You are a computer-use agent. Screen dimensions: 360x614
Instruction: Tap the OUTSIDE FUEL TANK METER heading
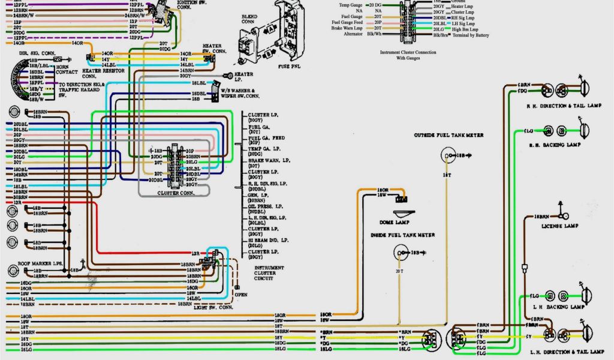pos(448,136)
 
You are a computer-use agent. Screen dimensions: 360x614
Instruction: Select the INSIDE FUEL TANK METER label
pos(402,235)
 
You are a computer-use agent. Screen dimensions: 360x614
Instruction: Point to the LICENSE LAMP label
pos(559,226)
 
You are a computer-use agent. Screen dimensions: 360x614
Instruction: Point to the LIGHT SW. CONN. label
pos(213,307)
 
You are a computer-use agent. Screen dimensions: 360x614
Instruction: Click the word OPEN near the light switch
pos(240,295)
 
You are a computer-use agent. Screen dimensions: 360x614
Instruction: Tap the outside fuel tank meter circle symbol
pos(447,155)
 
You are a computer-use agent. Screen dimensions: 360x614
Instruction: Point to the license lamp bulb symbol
pos(563,214)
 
